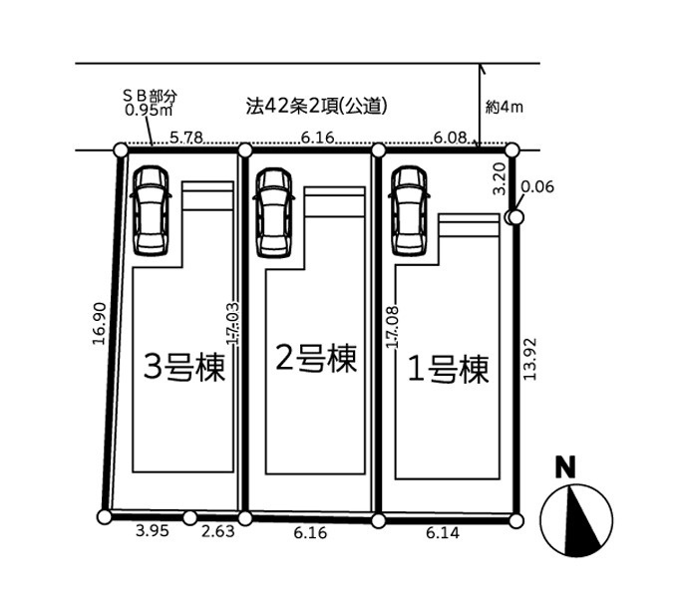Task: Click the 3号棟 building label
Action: (184, 367)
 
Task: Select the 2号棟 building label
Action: (316, 359)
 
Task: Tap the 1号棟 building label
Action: (448, 369)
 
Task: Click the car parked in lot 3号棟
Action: (151, 211)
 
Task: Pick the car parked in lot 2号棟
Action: (274, 213)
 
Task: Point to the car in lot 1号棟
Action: (409, 211)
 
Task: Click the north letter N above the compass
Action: (565, 467)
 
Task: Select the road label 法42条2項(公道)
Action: (316, 106)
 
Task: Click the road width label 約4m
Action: (505, 107)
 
